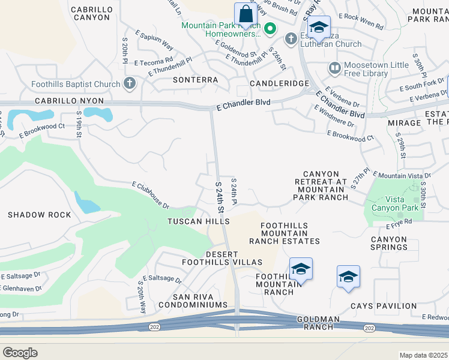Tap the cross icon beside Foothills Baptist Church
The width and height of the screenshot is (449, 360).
point(129,83)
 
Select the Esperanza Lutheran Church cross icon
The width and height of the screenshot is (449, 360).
point(291,38)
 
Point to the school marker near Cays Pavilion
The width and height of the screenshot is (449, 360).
point(348,277)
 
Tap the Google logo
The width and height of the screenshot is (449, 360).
point(20,353)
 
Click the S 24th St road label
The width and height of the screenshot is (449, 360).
point(219,196)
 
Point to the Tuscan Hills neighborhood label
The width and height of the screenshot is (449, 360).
point(198,221)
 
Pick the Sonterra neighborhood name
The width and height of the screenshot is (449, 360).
point(195,79)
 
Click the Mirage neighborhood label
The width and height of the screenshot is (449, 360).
point(404,123)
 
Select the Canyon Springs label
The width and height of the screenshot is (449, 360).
point(389,243)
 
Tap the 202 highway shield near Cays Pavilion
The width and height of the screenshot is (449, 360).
point(369,328)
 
